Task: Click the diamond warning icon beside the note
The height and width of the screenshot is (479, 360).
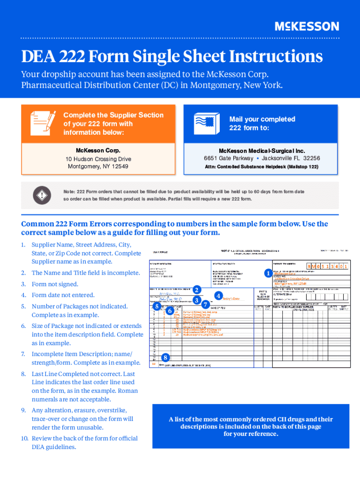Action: pos(43,195)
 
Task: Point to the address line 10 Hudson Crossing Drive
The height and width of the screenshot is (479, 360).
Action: pos(98,159)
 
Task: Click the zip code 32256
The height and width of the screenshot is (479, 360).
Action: pos(311,158)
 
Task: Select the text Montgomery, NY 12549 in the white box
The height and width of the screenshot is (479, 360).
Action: pos(98,167)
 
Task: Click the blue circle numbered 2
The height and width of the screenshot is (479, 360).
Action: pos(197,290)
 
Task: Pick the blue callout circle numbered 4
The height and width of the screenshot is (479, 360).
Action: pos(218,296)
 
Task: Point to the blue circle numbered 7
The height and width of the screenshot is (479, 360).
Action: pos(205,304)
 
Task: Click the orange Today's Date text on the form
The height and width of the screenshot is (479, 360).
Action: pos(231,299)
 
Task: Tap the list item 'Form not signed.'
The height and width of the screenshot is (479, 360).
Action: pos(55,284)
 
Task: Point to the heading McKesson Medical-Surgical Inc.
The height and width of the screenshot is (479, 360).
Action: pos(261,151)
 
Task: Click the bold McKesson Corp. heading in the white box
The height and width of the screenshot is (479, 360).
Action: pos(98,151)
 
